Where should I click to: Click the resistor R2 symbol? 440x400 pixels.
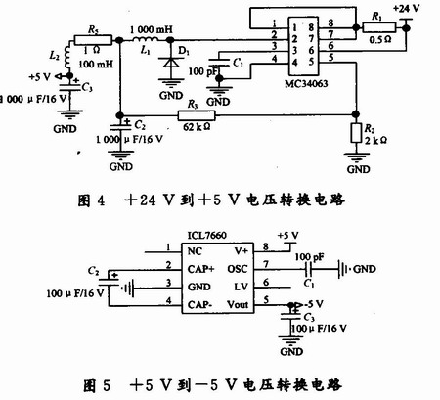tap(355, 131)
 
